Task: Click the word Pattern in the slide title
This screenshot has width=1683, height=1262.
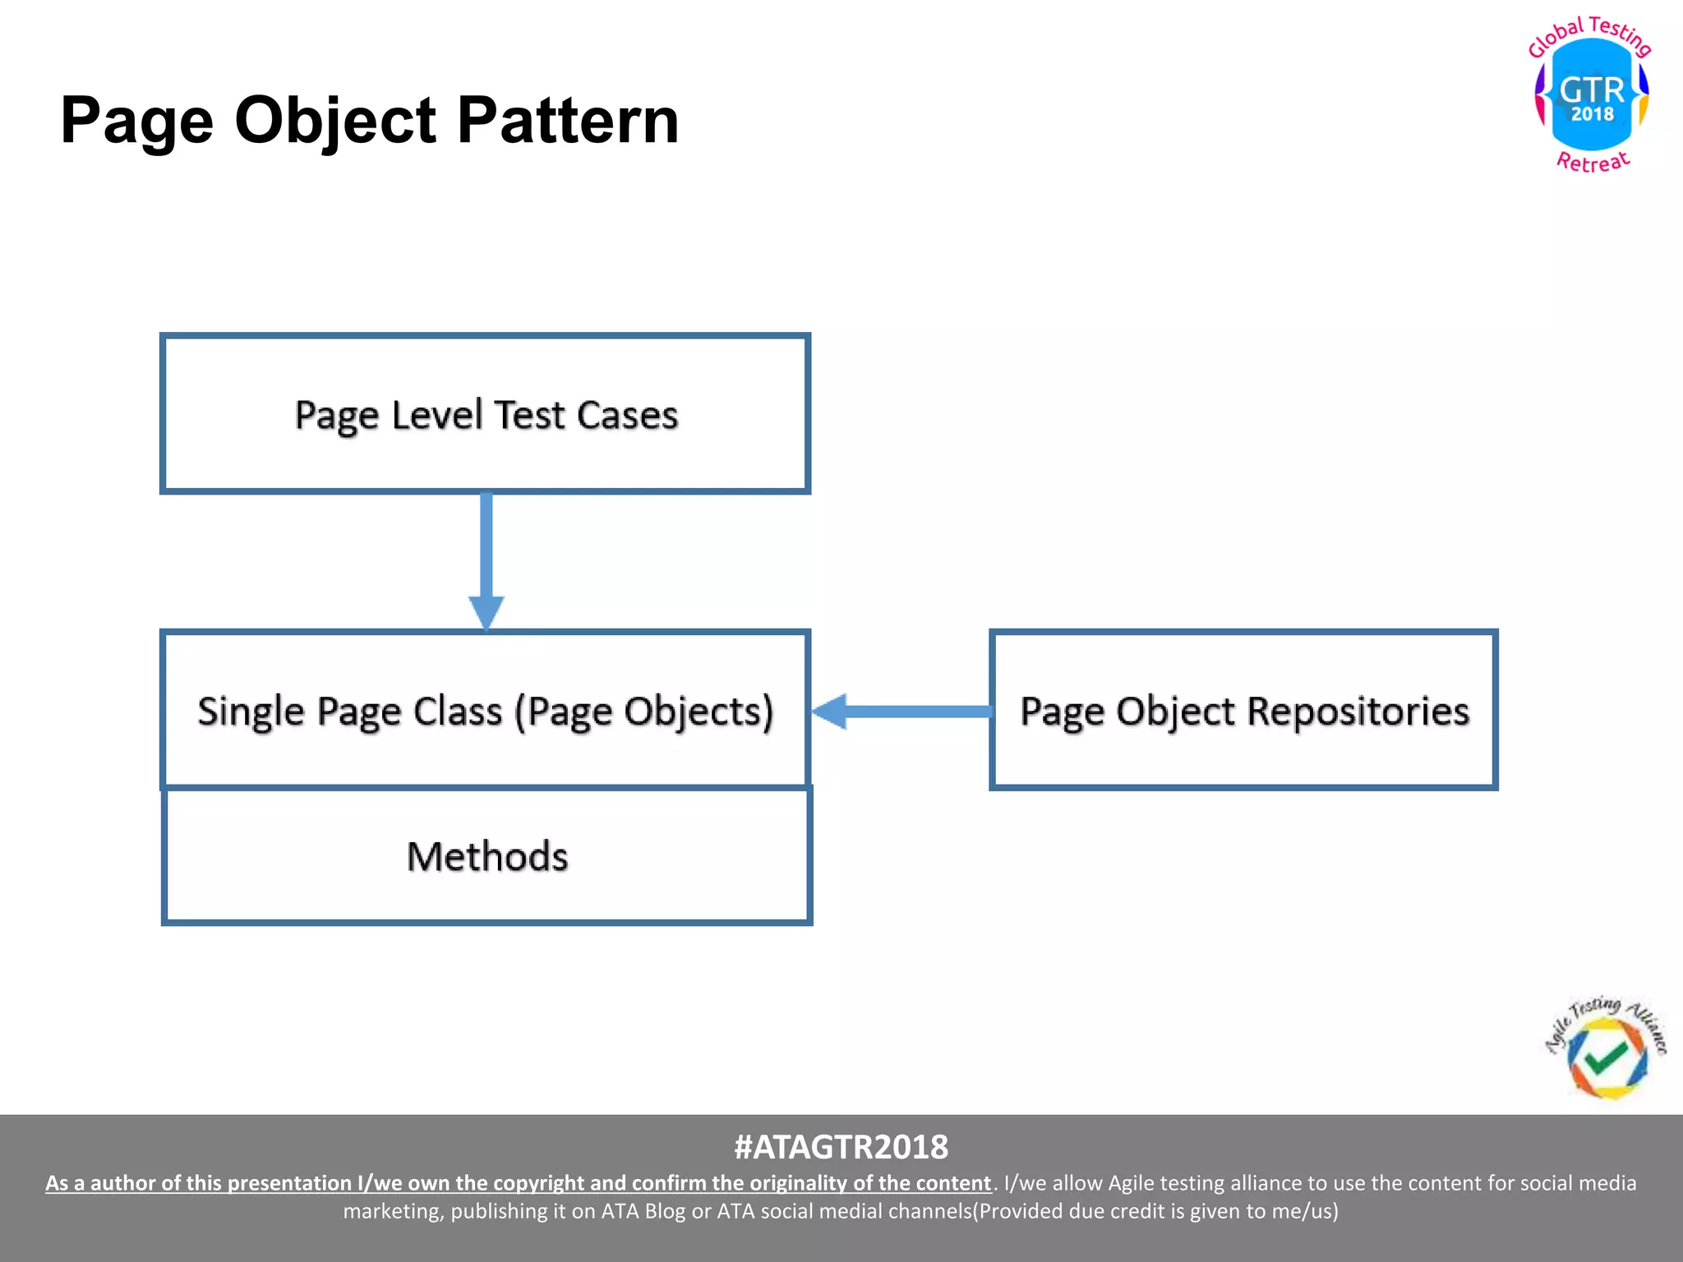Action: (x=567, y=121)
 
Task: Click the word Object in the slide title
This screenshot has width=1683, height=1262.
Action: (x=335, y=121)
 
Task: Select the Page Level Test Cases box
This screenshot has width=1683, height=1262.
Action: (x=485, y=413)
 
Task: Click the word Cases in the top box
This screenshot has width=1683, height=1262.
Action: (x=627, y=415)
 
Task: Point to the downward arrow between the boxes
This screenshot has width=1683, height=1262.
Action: (x=486, y=562)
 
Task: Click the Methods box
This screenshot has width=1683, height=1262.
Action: (x=486, y=856)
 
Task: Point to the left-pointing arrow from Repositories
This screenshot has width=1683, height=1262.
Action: (x=901, y=712)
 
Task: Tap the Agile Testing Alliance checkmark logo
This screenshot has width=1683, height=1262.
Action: (x=1606, y=1052)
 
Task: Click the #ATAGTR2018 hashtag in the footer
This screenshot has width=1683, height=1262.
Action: (x=841, y=1147)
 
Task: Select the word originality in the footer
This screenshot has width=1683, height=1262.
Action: (x=796, y=1183)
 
